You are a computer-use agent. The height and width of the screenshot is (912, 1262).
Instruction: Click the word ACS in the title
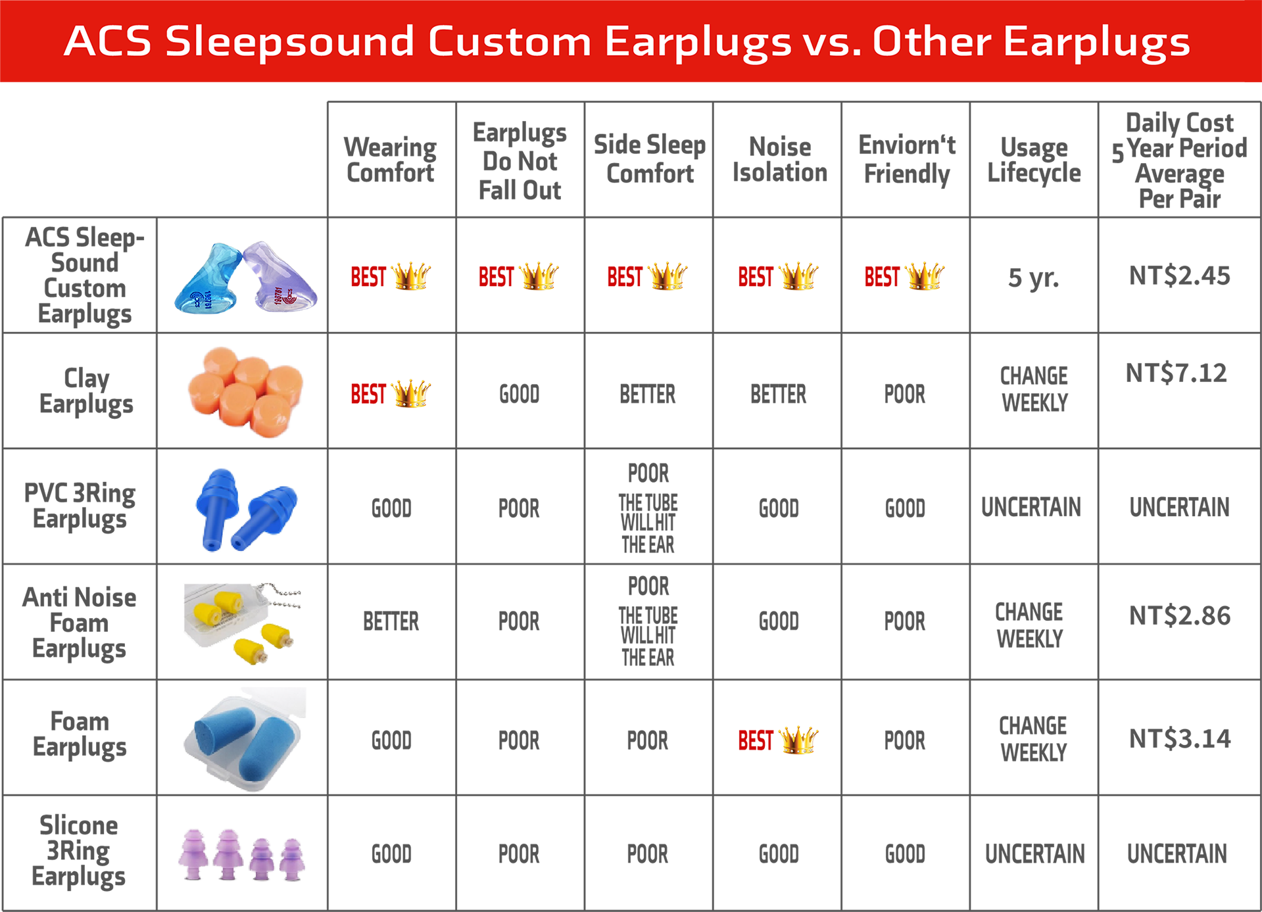click(107, 41)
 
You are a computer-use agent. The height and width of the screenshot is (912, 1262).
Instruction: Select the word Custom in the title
click(510, 41)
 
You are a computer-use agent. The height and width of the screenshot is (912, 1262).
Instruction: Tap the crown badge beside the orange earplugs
click(391, 392)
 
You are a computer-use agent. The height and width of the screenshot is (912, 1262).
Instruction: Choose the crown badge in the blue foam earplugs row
click(777, 738)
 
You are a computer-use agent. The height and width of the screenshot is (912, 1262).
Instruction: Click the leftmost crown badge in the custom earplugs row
click(391, 276)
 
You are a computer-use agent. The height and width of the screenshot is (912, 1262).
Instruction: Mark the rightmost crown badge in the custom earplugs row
click(904, 276)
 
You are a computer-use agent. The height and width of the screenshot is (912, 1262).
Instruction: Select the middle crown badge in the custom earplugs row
click(648, 276)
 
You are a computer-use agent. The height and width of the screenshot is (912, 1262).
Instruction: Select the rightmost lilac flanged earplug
click(291, 857)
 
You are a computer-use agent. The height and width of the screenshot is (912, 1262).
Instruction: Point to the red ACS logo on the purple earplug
click(288, 297)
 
